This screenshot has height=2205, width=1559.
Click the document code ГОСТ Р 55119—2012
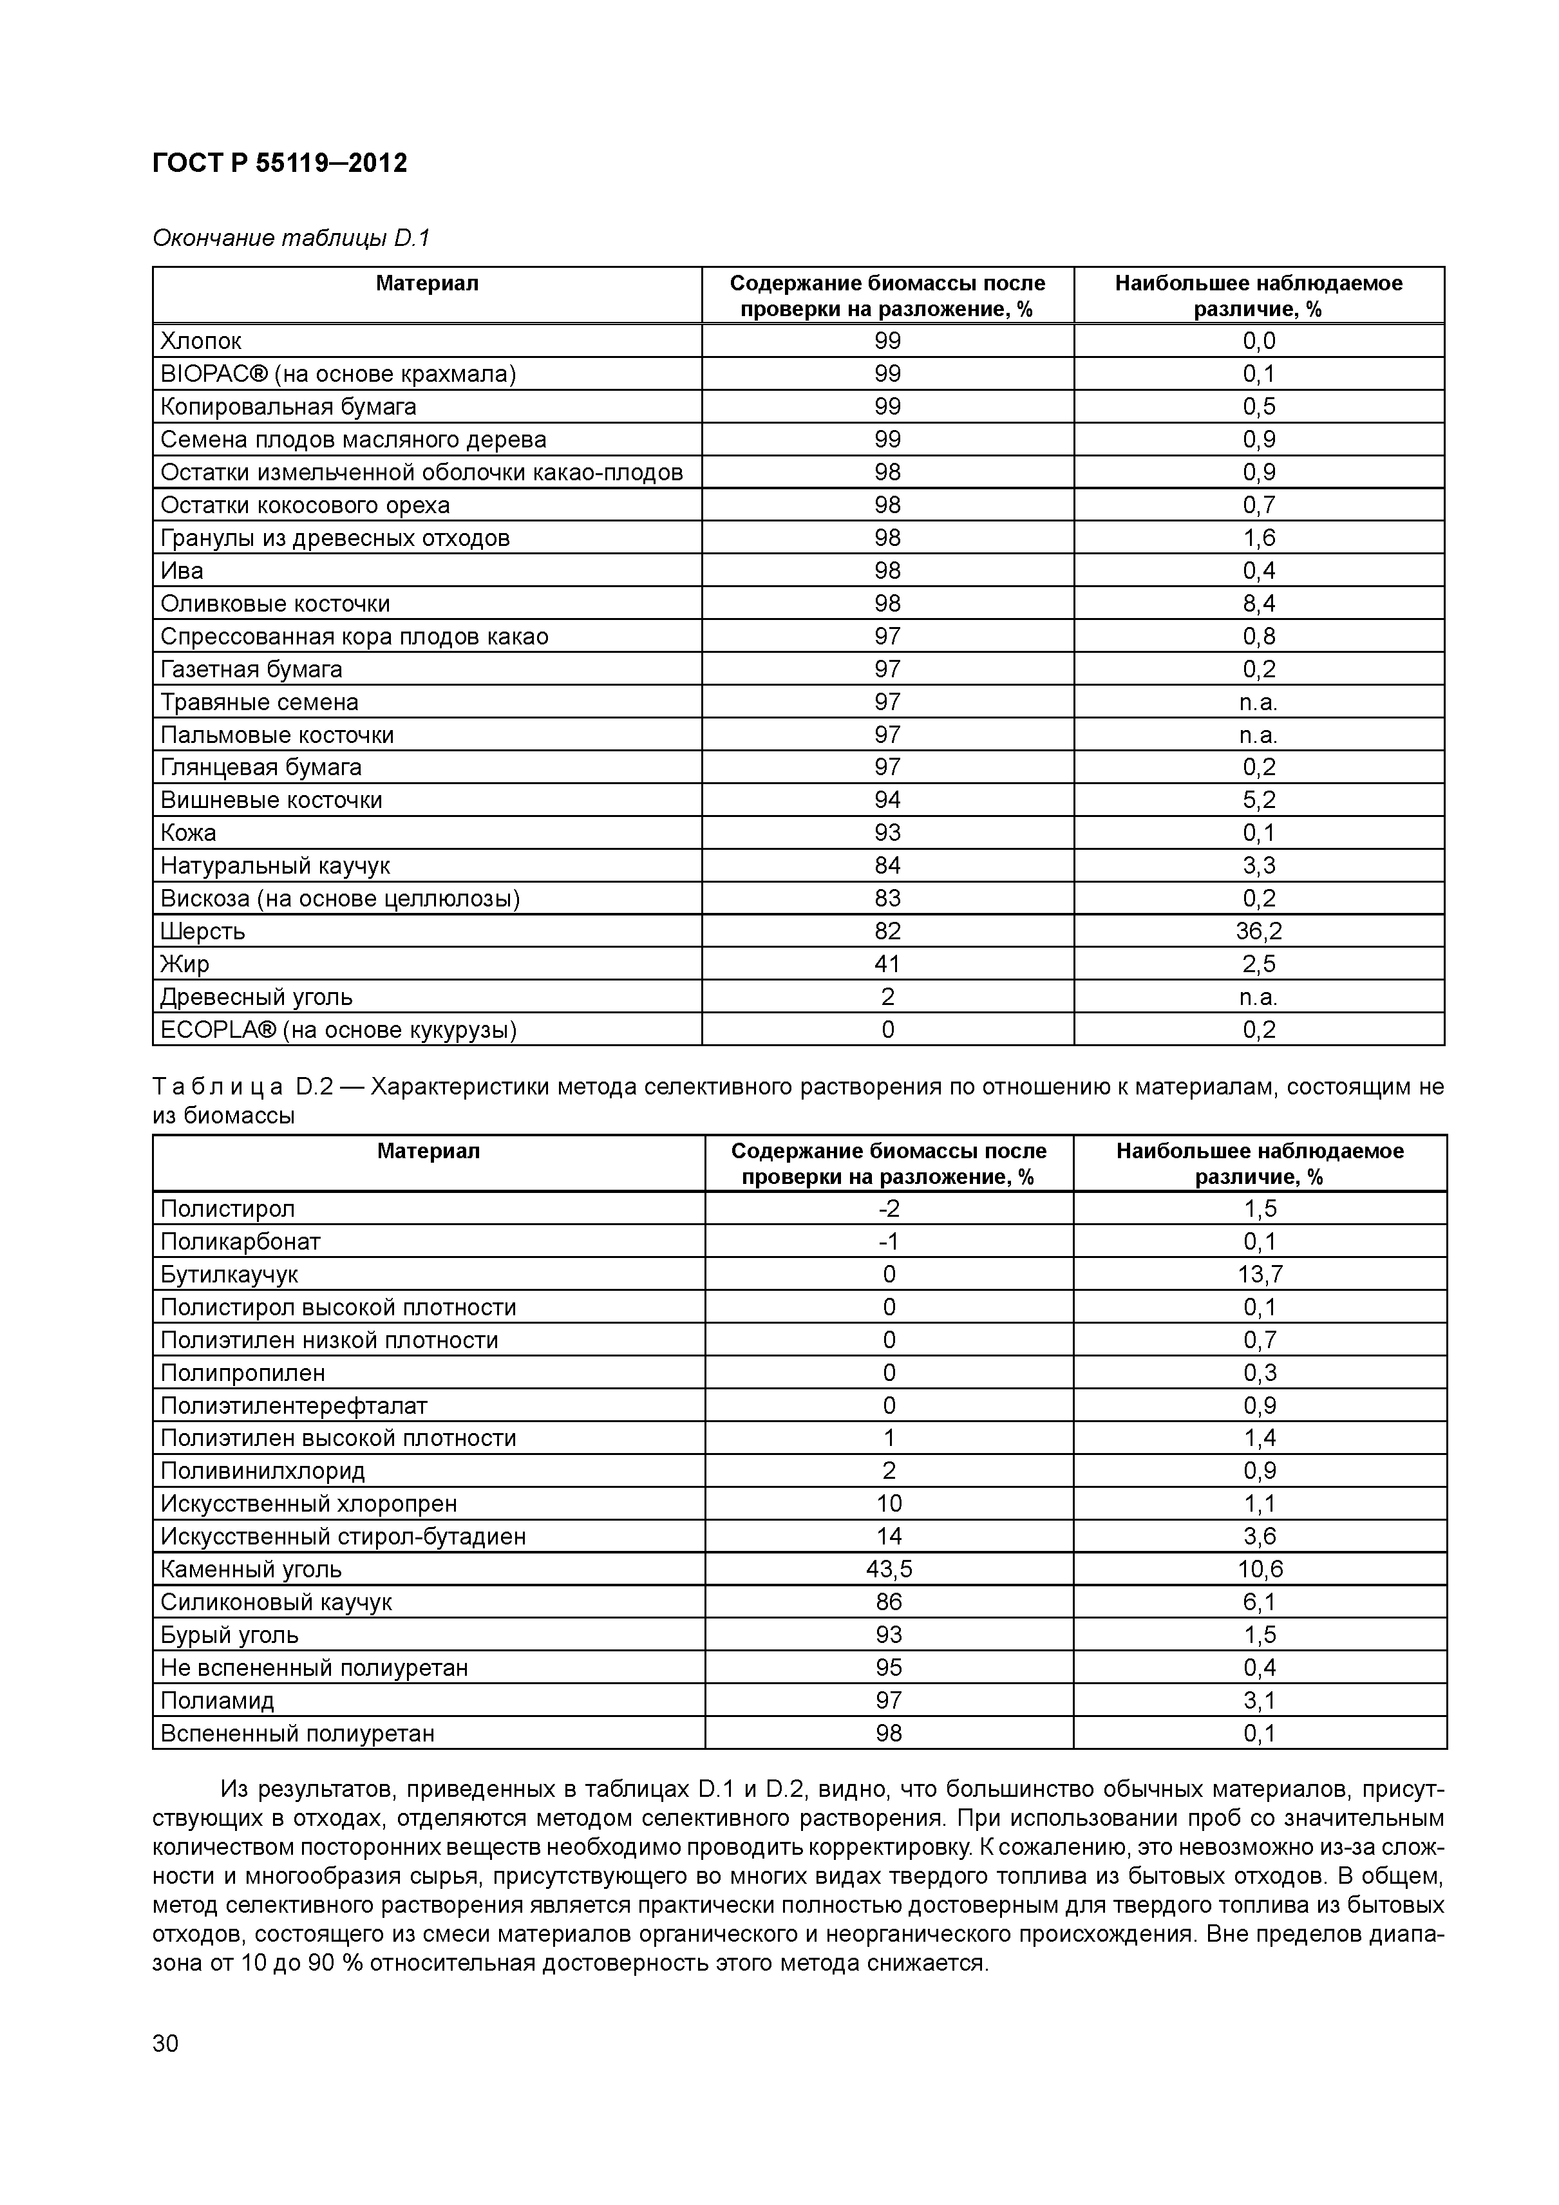279,164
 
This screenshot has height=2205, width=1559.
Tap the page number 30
165,2043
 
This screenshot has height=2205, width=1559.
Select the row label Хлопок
201,341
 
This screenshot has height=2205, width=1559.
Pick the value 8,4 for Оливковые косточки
1258,603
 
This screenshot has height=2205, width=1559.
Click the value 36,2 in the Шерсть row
1258,930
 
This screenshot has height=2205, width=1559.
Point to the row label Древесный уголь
256,997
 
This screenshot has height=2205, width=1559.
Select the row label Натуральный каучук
275,865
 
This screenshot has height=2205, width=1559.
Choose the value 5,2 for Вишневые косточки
1258,800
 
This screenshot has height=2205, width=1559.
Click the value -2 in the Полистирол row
889,1209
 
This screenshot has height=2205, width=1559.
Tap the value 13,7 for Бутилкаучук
1260,1275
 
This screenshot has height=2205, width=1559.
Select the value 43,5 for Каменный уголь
889,1569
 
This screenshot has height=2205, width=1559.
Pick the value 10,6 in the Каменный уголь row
1260,1569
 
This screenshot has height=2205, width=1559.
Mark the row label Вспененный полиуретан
297,1734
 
